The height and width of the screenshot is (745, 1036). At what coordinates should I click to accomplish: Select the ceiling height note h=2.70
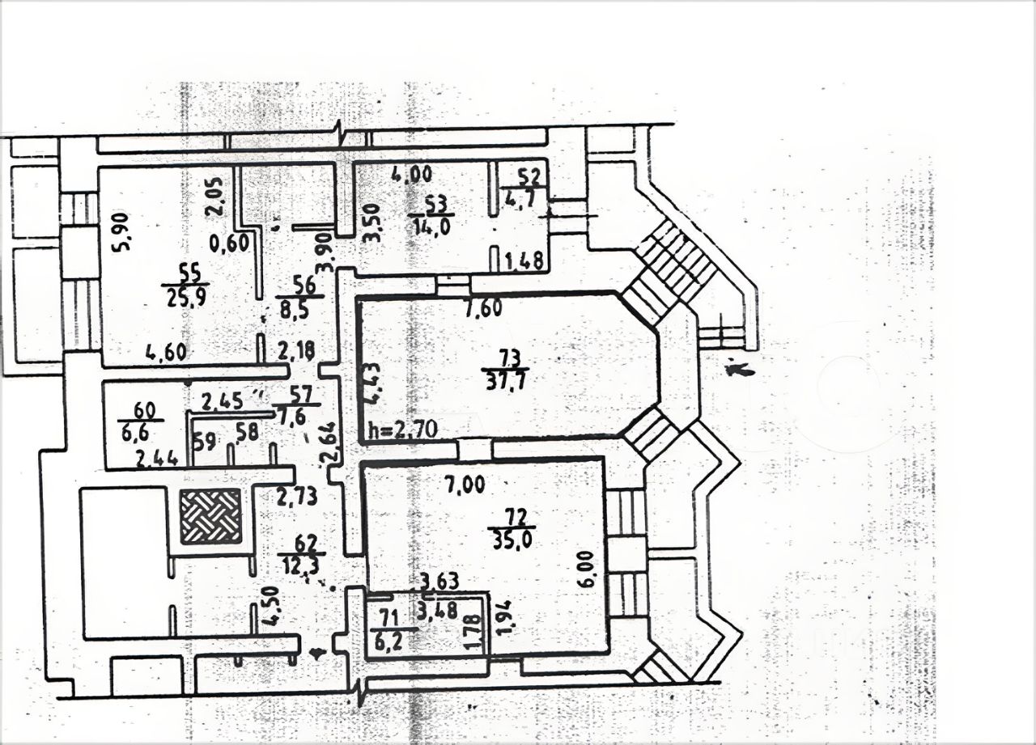click(x=402, y=430)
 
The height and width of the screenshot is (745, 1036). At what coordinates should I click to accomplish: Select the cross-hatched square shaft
click(x=210, y=515)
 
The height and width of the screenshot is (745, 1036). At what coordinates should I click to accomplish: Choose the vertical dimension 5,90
click(x=122, y=232)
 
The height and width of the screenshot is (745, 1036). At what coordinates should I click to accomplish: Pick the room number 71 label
click(x=389, y=619)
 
